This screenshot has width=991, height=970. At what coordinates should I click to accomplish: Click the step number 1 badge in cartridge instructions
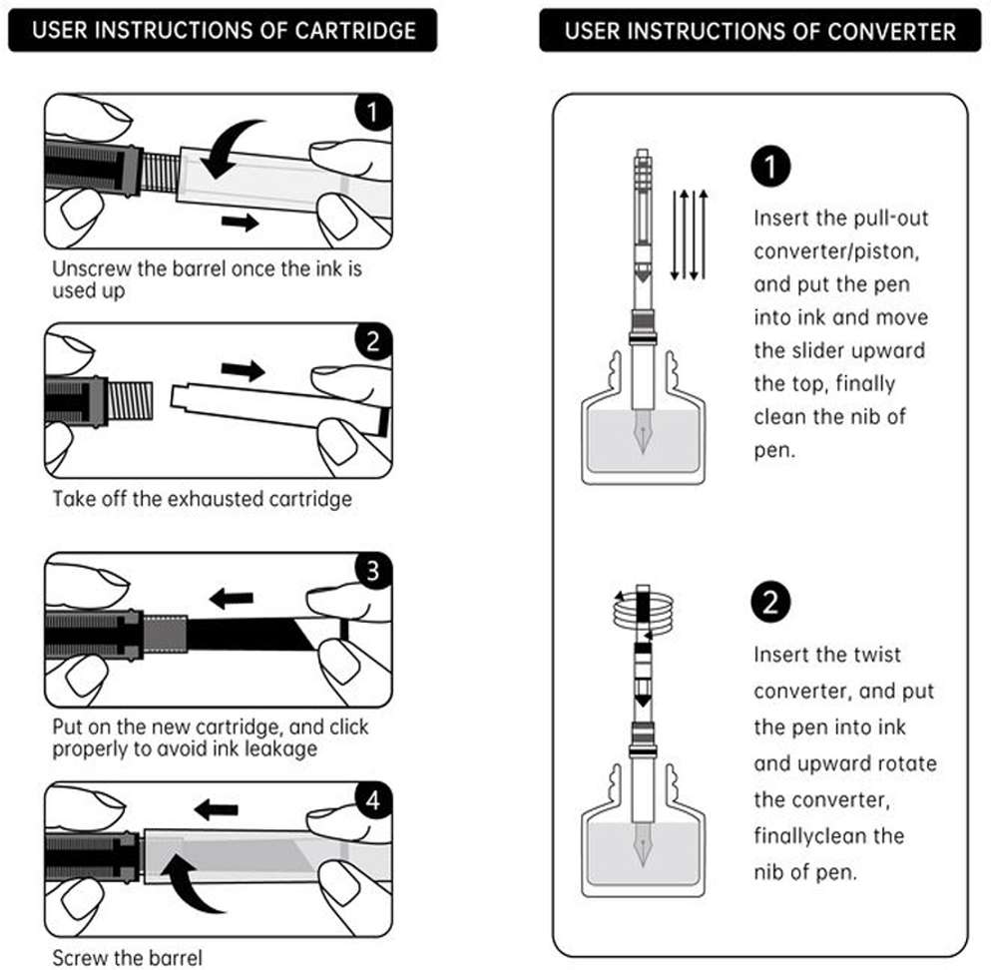click(x=373, y=112)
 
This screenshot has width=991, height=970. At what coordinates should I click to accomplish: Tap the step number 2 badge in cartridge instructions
click(x=373, y=342)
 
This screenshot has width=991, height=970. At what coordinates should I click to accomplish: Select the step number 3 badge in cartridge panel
click(x=373, y=571)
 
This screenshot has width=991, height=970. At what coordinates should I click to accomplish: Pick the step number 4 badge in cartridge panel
click(x=373, y=799)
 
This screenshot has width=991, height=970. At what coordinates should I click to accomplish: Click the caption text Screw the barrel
click(x=128, y=958)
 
